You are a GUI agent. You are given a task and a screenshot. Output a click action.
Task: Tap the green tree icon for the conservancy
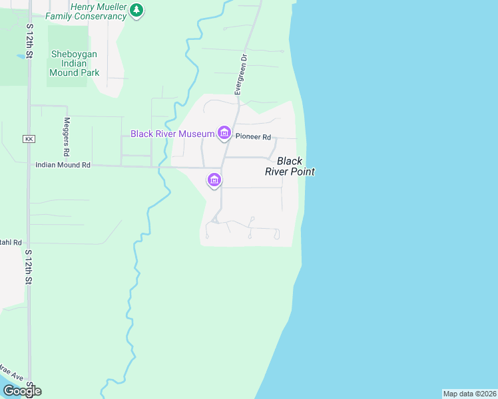coord(136,10)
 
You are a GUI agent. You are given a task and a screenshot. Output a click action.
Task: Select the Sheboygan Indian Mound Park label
coord(74,63)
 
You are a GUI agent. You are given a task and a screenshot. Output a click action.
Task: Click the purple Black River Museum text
coord(172,134)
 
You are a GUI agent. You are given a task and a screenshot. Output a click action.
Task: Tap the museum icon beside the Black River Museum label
coord(224,134)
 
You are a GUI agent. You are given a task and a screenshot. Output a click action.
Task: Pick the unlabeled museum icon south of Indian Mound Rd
coord(214,180)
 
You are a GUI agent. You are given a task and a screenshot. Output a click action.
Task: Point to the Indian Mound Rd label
coord(63,165)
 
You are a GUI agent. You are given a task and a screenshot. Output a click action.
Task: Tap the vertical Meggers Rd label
coord(67,133)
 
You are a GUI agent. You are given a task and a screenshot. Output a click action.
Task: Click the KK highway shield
coord(28,139)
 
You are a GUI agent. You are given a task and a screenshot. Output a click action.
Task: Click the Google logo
coord(21,390)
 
